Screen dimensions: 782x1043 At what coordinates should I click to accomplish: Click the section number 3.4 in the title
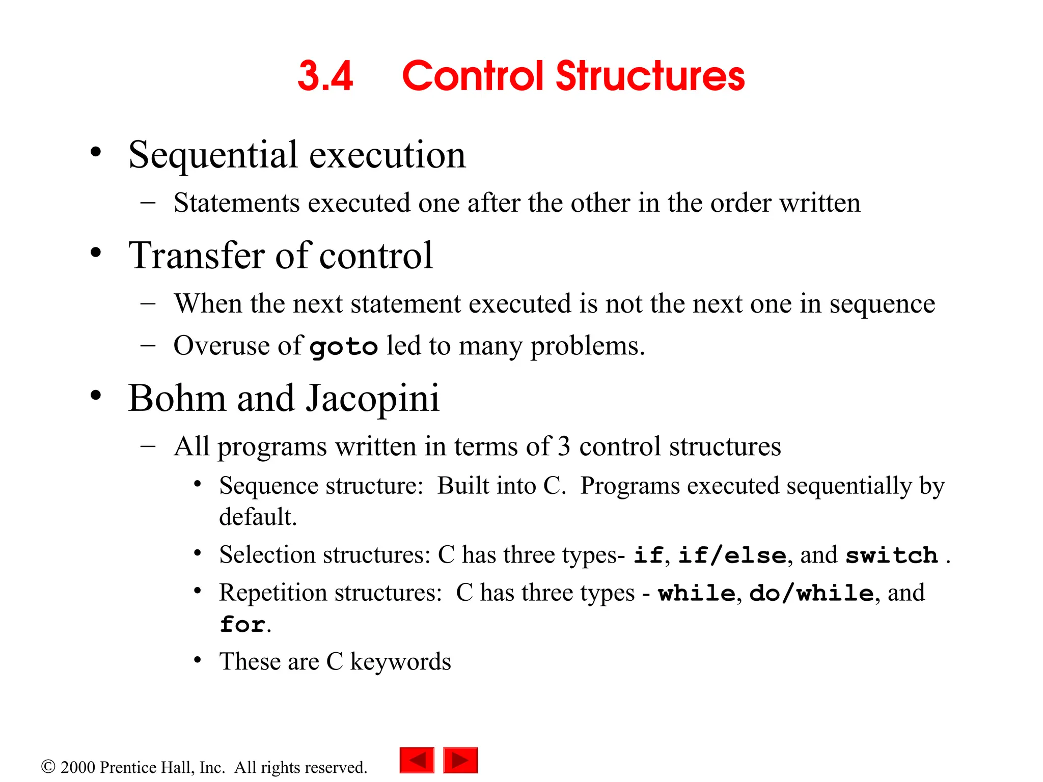(x=325, y=76)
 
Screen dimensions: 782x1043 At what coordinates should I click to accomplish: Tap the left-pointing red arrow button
(x=417, y=760)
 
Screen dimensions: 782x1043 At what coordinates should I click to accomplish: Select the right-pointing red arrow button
(x=460, y=760)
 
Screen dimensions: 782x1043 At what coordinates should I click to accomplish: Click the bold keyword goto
(x=344, y=347)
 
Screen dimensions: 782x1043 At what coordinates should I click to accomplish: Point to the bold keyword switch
(x=891, y=555)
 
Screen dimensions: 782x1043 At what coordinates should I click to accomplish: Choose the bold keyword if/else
(x=732, y=555)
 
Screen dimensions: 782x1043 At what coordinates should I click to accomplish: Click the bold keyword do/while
(x=811, y=593)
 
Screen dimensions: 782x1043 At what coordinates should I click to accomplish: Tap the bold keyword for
(x=242, y=625)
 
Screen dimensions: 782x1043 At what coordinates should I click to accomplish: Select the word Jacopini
(x=372, y=399)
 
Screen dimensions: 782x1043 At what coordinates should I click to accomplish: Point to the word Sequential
(x=213, y=155)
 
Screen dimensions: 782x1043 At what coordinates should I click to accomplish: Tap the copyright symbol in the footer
(x=48, y=766)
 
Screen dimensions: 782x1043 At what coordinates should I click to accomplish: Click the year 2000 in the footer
(x=77, y=767)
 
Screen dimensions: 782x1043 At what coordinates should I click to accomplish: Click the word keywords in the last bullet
(x=400, y=662)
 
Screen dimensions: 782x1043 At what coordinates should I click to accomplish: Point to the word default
(x=257, y=517)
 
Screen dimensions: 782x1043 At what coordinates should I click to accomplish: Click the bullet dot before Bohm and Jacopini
(x=96, y=395)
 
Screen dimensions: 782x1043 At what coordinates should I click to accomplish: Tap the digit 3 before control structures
(x=564, y=447)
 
